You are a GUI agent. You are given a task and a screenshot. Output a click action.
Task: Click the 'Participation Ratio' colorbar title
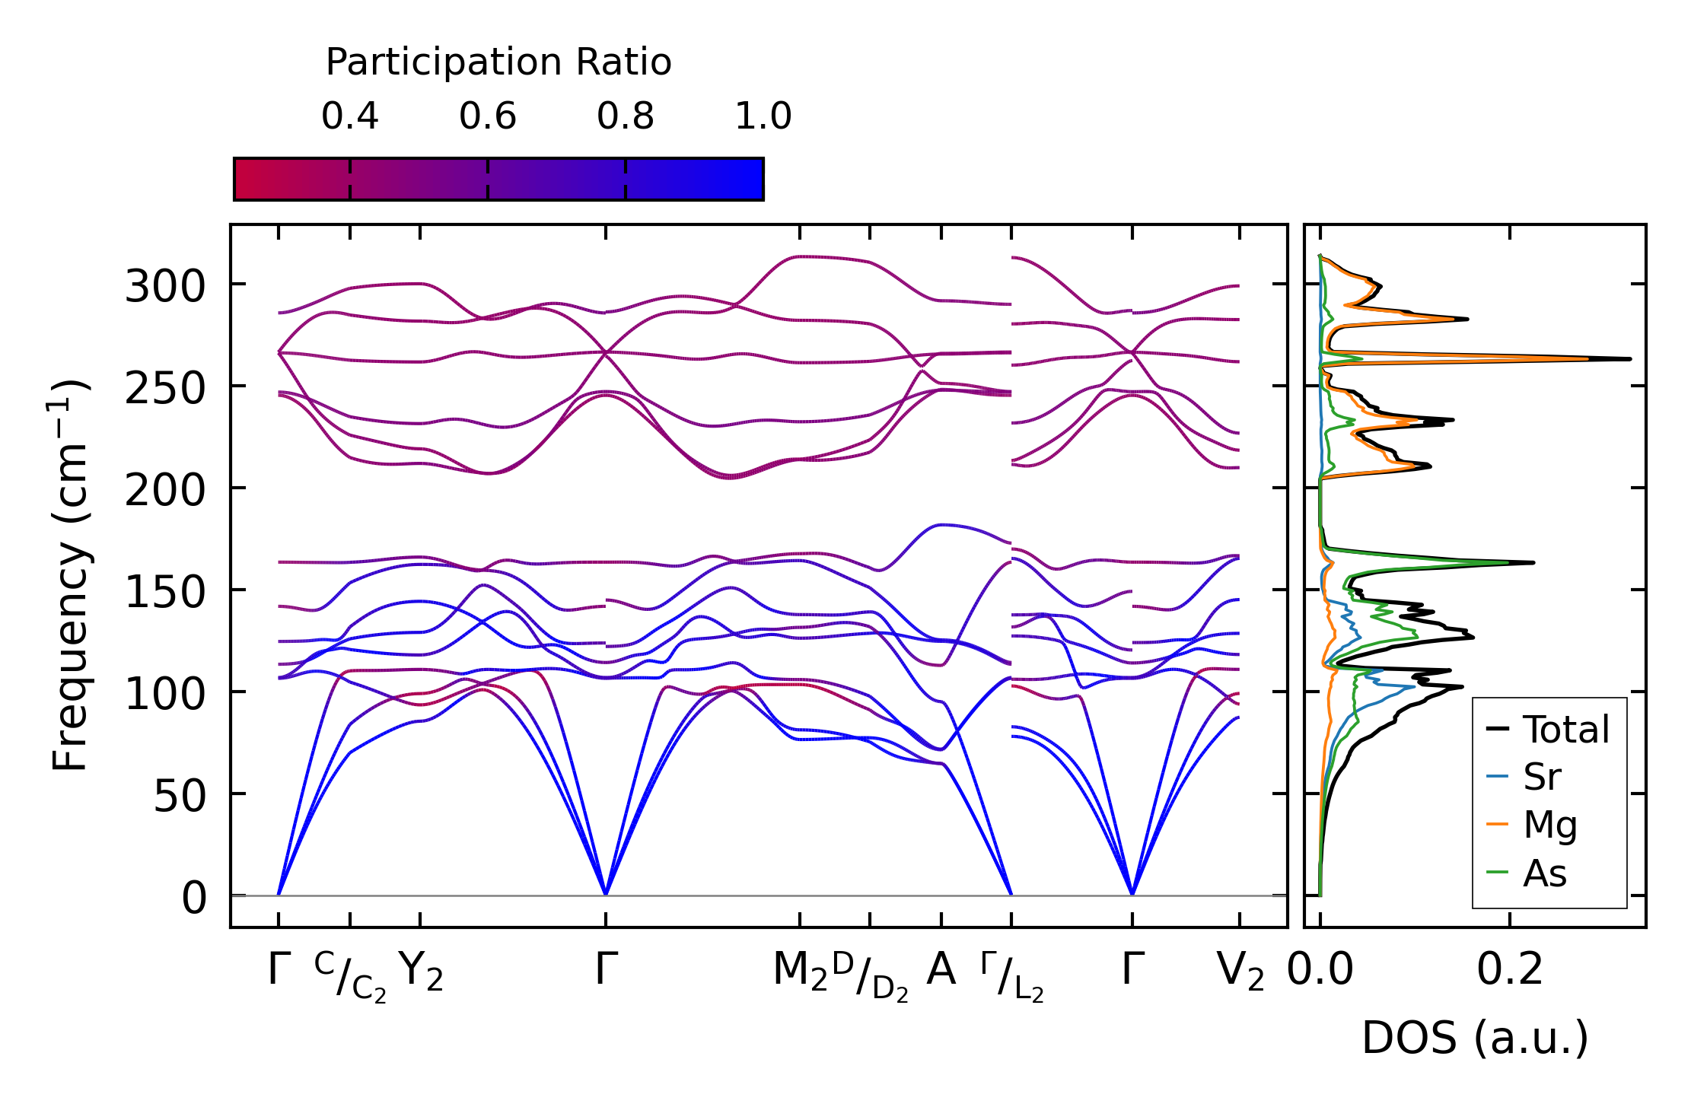click(x=498, y=62)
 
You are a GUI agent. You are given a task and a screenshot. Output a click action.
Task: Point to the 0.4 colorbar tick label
click(x=349, y=117)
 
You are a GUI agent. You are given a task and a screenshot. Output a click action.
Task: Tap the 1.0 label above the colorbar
click(x=763, y=117)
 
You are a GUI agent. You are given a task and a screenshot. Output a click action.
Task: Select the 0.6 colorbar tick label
click(x=487, y=117)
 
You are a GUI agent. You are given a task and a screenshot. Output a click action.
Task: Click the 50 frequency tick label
click(x=180, y=797)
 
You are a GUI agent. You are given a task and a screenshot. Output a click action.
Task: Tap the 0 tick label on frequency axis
click(x=194, y=899)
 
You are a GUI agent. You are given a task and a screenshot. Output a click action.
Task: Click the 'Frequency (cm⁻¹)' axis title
click(x=70, y=575)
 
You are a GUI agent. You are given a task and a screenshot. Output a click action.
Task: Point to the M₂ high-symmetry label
click(x=799, y=972)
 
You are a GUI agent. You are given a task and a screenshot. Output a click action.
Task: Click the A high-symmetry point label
click(x=941, y=970)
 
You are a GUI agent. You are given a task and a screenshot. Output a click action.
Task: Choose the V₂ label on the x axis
click(x=1240, y=972)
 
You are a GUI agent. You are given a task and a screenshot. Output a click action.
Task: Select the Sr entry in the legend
click(x=1541, y=777)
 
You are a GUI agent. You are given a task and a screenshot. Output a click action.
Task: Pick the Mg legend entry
click(x=1549, y=825)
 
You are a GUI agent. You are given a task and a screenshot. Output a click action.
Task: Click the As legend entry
click(x=1544, y=873)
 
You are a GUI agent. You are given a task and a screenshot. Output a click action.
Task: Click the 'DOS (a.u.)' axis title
click(x=1475, y=1038)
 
